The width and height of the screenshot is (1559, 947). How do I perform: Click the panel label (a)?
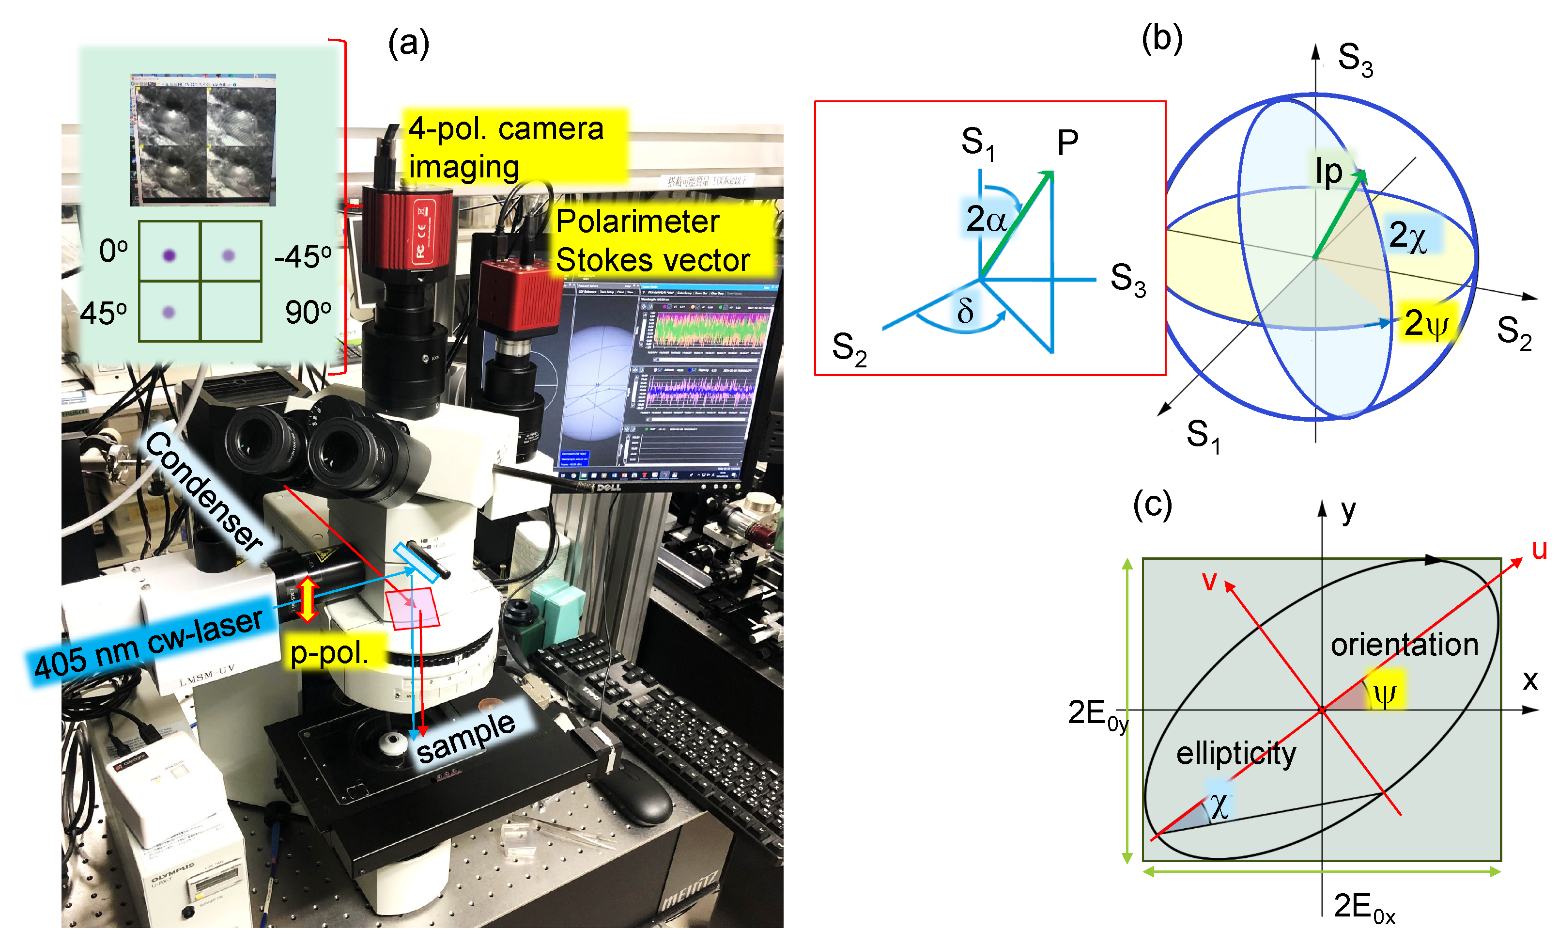408,44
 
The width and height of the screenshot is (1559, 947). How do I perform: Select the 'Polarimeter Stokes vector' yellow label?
652,240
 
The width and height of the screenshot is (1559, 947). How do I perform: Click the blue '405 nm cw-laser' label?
149,643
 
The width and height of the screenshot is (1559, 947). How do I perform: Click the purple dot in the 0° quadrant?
169,255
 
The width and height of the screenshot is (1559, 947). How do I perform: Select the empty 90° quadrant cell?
231,312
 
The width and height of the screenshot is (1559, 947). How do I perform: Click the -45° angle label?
302,257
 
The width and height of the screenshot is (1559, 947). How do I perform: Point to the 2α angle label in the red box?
986,219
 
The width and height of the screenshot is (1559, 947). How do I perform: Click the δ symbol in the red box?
965,311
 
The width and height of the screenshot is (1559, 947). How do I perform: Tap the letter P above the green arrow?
1067,143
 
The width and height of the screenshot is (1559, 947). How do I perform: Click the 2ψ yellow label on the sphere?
1426,323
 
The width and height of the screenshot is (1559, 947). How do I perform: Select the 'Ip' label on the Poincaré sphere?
1328,171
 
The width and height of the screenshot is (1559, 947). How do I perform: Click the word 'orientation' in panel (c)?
1404,645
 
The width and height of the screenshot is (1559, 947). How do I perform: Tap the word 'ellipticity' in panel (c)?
1235,753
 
